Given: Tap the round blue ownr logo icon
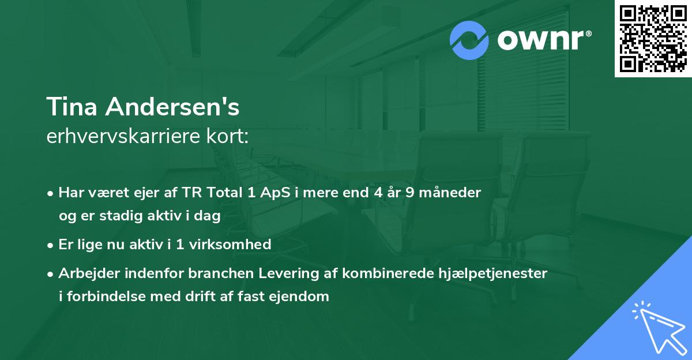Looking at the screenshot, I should [469, 40].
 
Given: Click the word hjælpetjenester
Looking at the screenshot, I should [499, 273].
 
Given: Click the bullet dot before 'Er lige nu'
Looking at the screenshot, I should [51, 245].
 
